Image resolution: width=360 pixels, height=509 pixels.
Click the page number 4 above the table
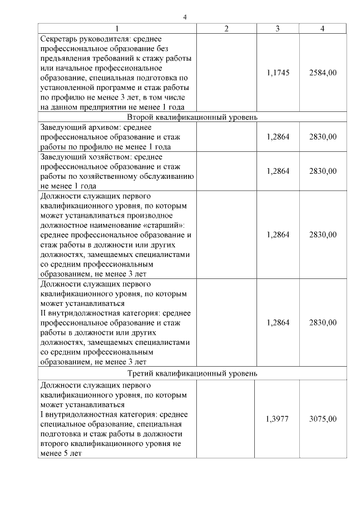coord(184,16)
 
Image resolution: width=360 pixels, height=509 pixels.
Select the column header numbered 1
coord(117,29)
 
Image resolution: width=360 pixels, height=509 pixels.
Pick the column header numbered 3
coord(278,29)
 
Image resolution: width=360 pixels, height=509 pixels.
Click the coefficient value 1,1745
coord(278,73)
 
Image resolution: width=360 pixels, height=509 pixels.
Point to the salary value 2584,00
coord(323,73)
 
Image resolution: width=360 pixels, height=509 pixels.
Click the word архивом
coord(105,127)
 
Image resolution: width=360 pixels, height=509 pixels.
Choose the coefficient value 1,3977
coord(278,419)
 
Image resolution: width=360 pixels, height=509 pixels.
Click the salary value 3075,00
coord(323,419)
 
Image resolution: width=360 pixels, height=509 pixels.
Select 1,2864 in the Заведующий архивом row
coord(278,137)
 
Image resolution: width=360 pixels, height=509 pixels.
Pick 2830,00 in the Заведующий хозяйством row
coord(323,171)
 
